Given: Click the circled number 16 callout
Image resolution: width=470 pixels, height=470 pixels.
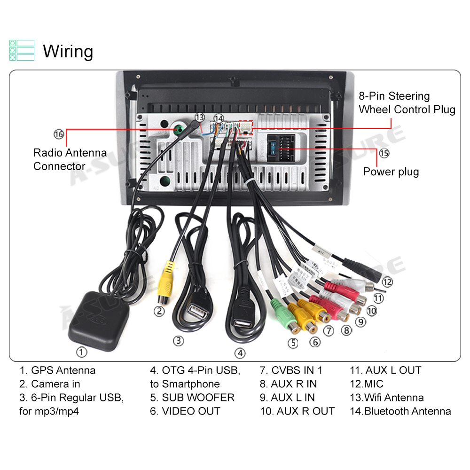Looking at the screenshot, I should coord(58,134).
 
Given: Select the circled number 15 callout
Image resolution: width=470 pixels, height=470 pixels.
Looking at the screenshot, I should coord(384,153).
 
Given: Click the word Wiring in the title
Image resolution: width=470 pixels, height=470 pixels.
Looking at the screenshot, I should coord(68,51).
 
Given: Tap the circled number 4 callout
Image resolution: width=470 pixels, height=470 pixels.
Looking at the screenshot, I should coord(240,352).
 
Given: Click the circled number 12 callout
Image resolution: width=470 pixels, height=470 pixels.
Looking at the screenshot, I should coord(387,282).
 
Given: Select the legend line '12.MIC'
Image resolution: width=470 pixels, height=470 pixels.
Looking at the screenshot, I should coord(367,384).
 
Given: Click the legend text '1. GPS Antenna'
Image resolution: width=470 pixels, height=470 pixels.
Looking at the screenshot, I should coord(57,370).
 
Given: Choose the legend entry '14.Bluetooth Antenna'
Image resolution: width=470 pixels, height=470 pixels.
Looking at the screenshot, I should coord(400,411).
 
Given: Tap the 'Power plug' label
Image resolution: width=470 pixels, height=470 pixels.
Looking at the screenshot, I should coord(391,172).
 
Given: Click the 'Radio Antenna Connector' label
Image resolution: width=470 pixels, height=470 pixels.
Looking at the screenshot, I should coord(70,159).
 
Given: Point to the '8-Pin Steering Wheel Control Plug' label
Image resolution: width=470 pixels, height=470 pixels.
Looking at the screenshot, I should coord(407,103).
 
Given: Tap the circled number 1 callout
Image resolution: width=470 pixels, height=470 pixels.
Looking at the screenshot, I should coord(82,352).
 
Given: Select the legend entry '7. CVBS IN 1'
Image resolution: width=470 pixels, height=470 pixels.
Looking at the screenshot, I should coord(291,370).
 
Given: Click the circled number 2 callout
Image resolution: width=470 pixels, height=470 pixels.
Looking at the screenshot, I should coord(160,311).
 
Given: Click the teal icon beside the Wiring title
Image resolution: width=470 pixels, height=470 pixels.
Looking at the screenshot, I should coord(22,50).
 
